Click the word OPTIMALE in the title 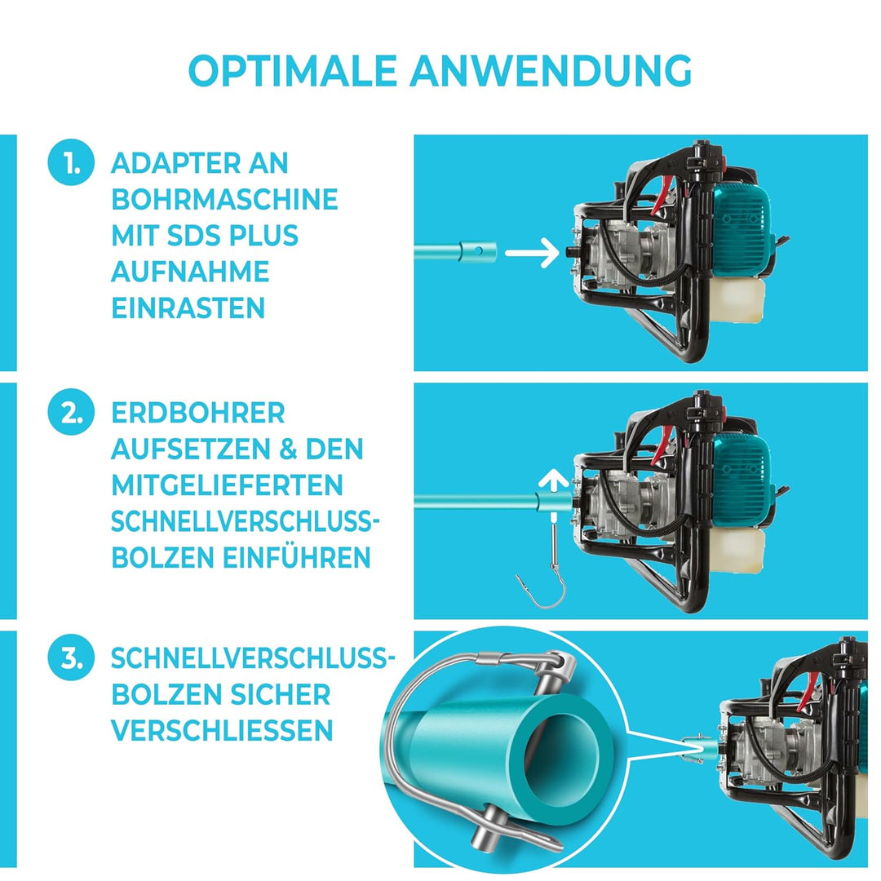(293, 72)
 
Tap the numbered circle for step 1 (69, 164)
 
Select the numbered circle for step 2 (69, 414)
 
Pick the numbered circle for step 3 (69, 659)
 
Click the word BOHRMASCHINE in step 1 (224, 199)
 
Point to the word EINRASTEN (188, 308)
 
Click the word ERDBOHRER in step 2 (198, 413)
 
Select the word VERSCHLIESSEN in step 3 (223, 730)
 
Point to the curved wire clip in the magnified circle (408, 734)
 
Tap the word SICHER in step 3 (278, 694)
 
